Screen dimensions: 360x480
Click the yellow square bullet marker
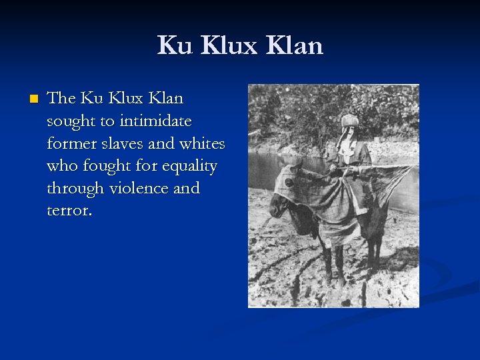[33, 99]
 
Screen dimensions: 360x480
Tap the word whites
[203, 143]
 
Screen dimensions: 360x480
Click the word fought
[110, 166]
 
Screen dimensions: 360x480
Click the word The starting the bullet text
[62, 99]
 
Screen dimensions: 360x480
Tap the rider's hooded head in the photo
[349, 127]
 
